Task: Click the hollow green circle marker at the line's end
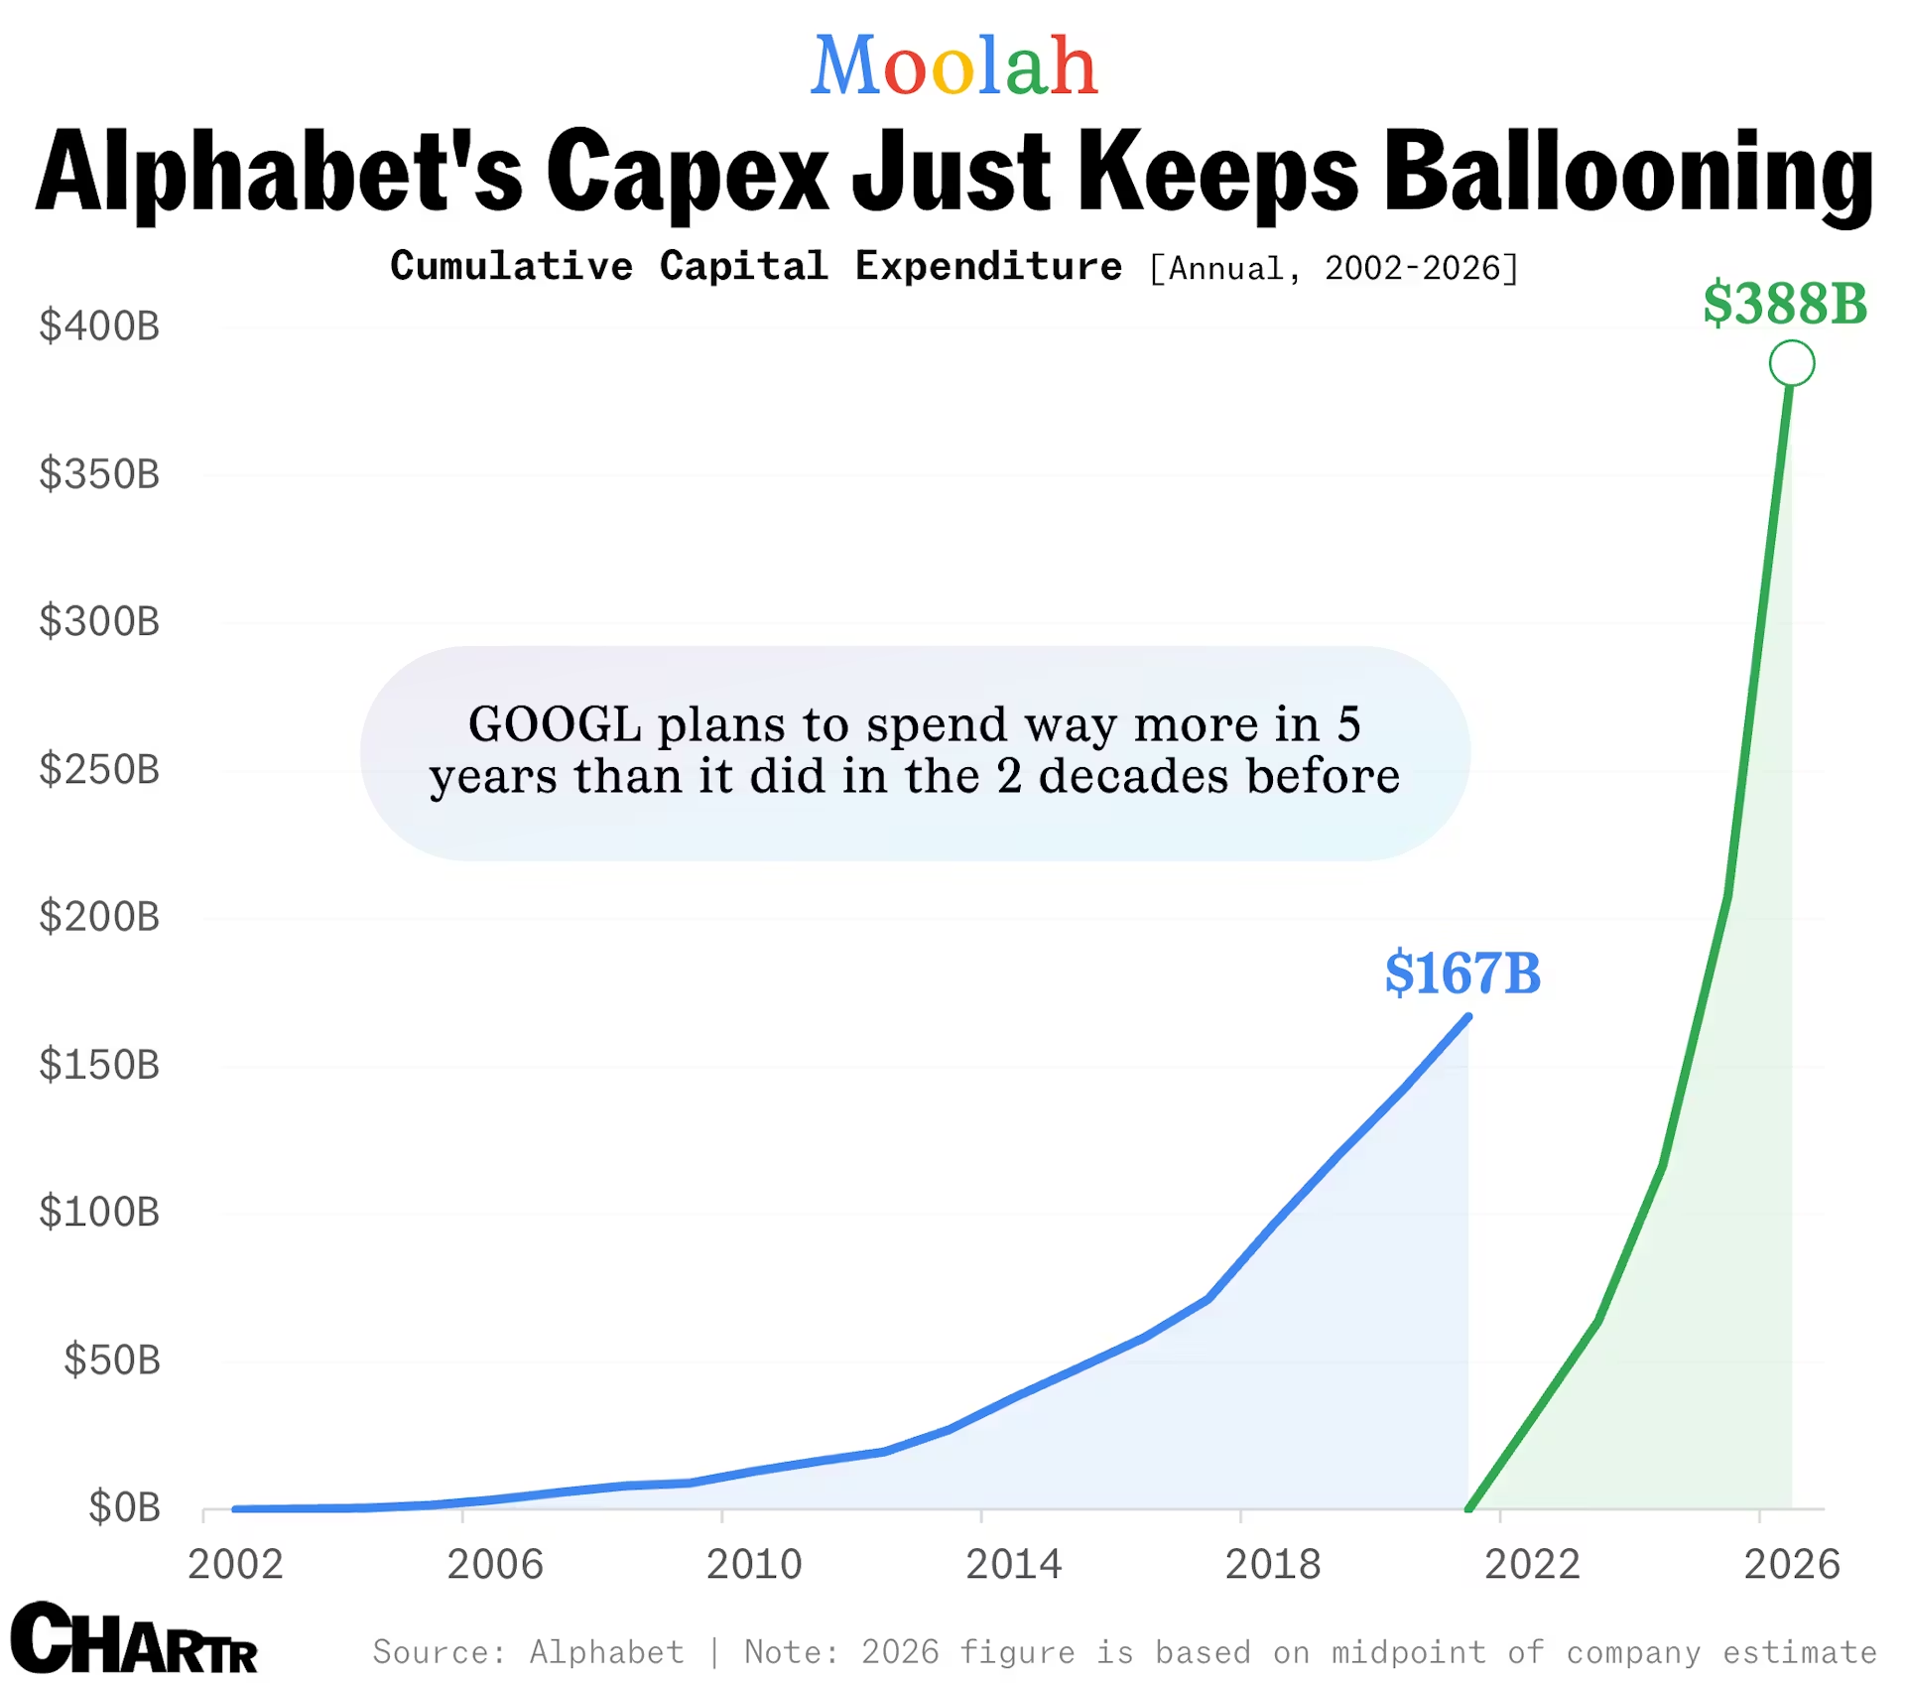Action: click(x=1791, y=363)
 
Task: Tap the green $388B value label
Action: click(x=1784, y=304)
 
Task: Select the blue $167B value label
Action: click(x=1462, y=973)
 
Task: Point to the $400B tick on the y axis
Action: click(x=99, y=326)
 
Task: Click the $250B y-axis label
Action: click(x=99, y=770)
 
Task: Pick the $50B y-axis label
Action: click(x=112, y=1360)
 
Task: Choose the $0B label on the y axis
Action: click(x=124, y=1507)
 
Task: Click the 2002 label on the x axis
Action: click(x=235, y=1565)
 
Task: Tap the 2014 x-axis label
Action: click(x=1013, y=1565)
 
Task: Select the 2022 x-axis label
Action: click(x=1532, y=1565)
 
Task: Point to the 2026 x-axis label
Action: click(x=1792, y=1565)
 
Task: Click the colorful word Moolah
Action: click(x=953, y=66)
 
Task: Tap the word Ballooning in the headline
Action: click(x=1627, y=173)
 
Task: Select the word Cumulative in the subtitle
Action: click(x=511, y=267)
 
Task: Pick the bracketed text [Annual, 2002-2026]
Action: click(x=1333, y=269)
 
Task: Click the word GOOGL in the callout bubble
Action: click(x=555, y=724)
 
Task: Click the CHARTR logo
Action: click(x=134, y=1638)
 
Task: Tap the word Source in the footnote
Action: click(x=438, y=1652)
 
